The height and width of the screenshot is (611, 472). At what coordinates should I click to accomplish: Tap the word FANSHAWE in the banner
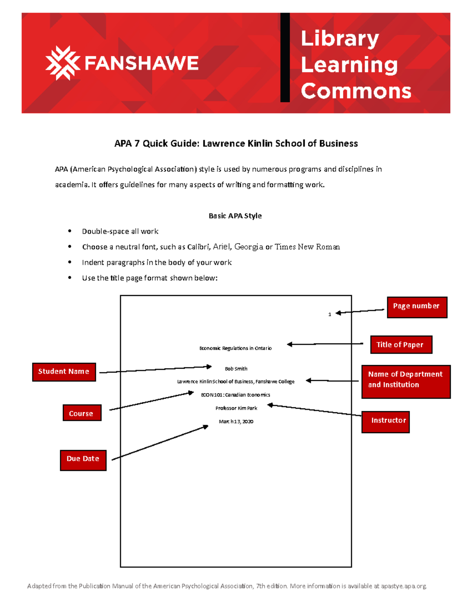pyautogui.click(x=142, y=63)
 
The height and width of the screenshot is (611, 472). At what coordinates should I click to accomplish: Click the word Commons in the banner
pyautogui.click(x=356, y=91)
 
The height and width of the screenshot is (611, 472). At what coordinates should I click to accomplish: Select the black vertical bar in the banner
pyautogui.click(x=285, y=57)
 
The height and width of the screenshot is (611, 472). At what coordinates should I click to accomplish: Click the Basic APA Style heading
pyautogui.click(x=235, y=216)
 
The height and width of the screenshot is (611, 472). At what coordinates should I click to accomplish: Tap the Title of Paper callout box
pyautogui.click(x=401, y=345)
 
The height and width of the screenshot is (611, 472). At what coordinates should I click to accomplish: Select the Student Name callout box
pyautogui.click(x=64, y=372)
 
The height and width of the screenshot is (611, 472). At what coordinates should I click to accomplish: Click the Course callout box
pyautogui.click(x=82, y=413)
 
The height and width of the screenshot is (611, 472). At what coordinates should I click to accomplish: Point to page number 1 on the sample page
pyautogui.click(x=330, y=314)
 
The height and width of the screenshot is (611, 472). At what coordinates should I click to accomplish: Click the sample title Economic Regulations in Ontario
pyautogui.click(x=235, y=348)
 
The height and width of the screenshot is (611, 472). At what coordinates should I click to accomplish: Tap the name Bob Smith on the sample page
pyautogui.click(x=236, y=369)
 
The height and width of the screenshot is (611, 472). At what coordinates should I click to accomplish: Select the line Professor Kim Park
pyautogui.click(x=236, y=408)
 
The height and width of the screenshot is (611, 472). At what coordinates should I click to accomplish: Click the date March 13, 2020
pyautogui.click(x=236, y=421)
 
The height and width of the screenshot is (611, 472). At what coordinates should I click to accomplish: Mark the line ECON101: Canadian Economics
pyautogui.click(x=236, y=395)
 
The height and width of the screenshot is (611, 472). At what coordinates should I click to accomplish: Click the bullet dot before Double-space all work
pyautogui.click(x=70, y=231)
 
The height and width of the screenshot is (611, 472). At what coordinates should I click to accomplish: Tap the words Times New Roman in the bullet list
pyautogui.click(x=307, y=247)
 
